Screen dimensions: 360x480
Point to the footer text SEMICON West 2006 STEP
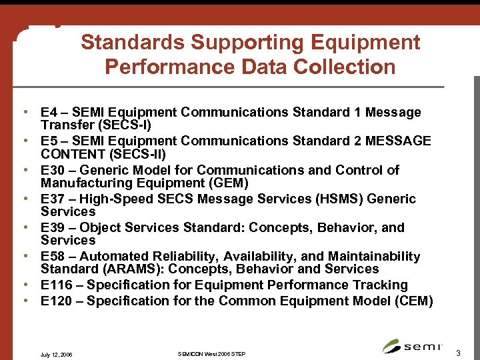click(212, 353)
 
